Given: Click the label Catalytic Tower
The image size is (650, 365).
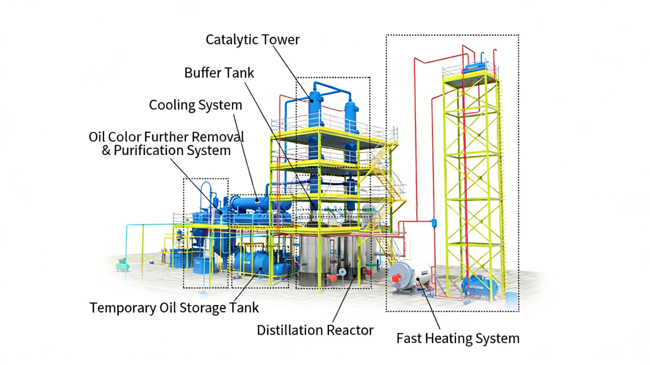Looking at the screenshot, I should (253, 40).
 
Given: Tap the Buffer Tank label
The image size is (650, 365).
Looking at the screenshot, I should (219, 73).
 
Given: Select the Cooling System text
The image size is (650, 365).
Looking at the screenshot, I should (195, 105).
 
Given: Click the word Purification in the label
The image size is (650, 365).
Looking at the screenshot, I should (149, 151).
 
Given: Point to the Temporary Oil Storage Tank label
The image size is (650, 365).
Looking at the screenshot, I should (174, 308).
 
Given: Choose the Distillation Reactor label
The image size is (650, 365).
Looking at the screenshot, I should (315, 330).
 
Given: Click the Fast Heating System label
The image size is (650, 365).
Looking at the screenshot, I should (458, 338).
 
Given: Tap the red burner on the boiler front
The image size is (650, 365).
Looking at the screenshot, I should (396, 278).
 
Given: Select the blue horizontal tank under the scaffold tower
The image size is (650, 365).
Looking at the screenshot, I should (480, 287).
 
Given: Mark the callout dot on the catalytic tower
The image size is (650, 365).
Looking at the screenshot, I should (312, 101).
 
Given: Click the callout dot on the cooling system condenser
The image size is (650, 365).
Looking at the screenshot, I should (257, 201).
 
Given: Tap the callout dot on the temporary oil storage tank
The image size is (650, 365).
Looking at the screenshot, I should (260, 269).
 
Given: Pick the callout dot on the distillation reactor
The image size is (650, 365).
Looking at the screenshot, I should (355, 276).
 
